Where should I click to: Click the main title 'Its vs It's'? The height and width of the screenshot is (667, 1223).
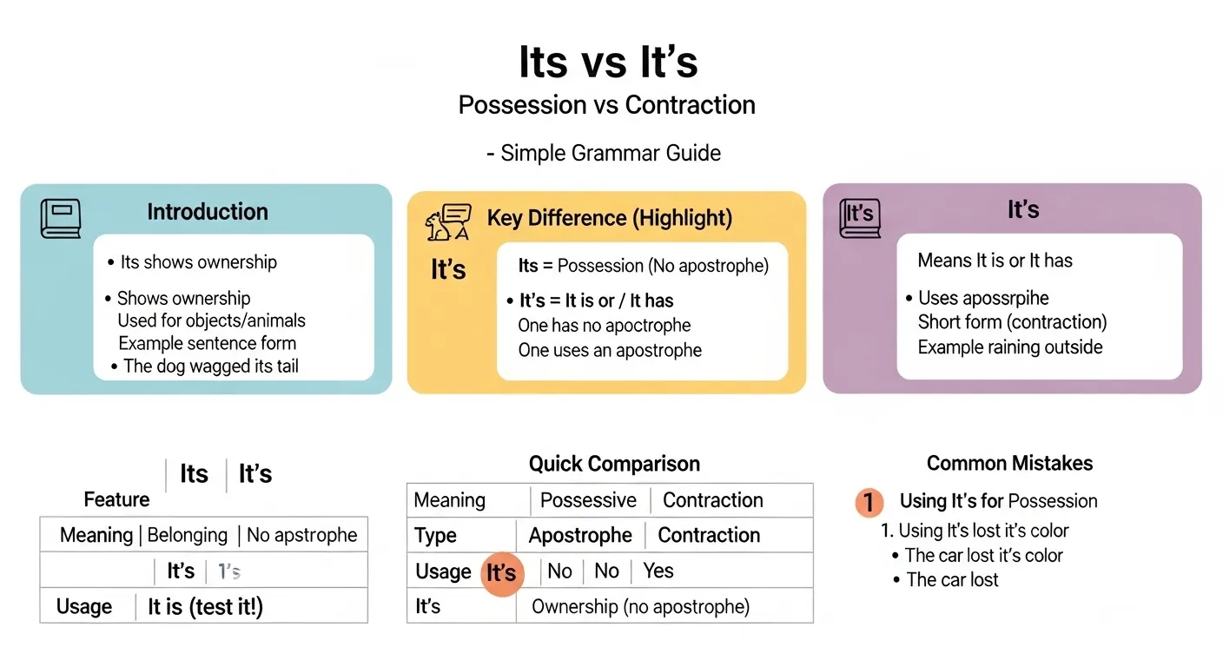(x=608, y=62)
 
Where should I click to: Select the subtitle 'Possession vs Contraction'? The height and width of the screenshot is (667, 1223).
(x=606, y=105)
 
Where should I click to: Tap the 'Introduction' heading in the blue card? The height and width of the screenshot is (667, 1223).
(x=208, y=212)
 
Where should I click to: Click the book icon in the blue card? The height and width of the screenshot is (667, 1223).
(x=61, y=218)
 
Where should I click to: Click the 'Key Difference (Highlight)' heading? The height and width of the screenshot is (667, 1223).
(x=609, y=218)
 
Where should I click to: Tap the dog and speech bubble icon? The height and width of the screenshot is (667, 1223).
(x=447, y=223)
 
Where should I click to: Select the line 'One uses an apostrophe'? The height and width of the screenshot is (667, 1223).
(x=610, y=351)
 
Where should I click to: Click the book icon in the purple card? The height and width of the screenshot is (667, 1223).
(x=860, y=217)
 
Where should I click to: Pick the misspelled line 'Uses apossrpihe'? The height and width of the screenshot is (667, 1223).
(x=983, y=298)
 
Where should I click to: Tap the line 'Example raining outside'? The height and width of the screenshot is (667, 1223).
(x=1010, y=347)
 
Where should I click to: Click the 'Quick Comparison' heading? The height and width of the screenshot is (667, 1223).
(x=614, y=464)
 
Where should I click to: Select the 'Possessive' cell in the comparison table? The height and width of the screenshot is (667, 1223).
(x=588, y=500)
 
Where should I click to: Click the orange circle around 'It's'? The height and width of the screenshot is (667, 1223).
(x=501, y=573)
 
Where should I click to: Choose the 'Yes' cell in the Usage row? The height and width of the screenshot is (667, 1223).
(x=658, y=571)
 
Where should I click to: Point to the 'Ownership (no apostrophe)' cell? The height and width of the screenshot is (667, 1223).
(x=640, y=606)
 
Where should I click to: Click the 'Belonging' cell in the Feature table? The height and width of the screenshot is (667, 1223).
(x=188, y=535)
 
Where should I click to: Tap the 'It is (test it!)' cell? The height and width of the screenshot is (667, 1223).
(x=205, y=606)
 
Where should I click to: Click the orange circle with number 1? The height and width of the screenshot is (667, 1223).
(x=869, y=502)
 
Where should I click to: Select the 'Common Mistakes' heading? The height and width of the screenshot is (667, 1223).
(x=1009, y=463)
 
